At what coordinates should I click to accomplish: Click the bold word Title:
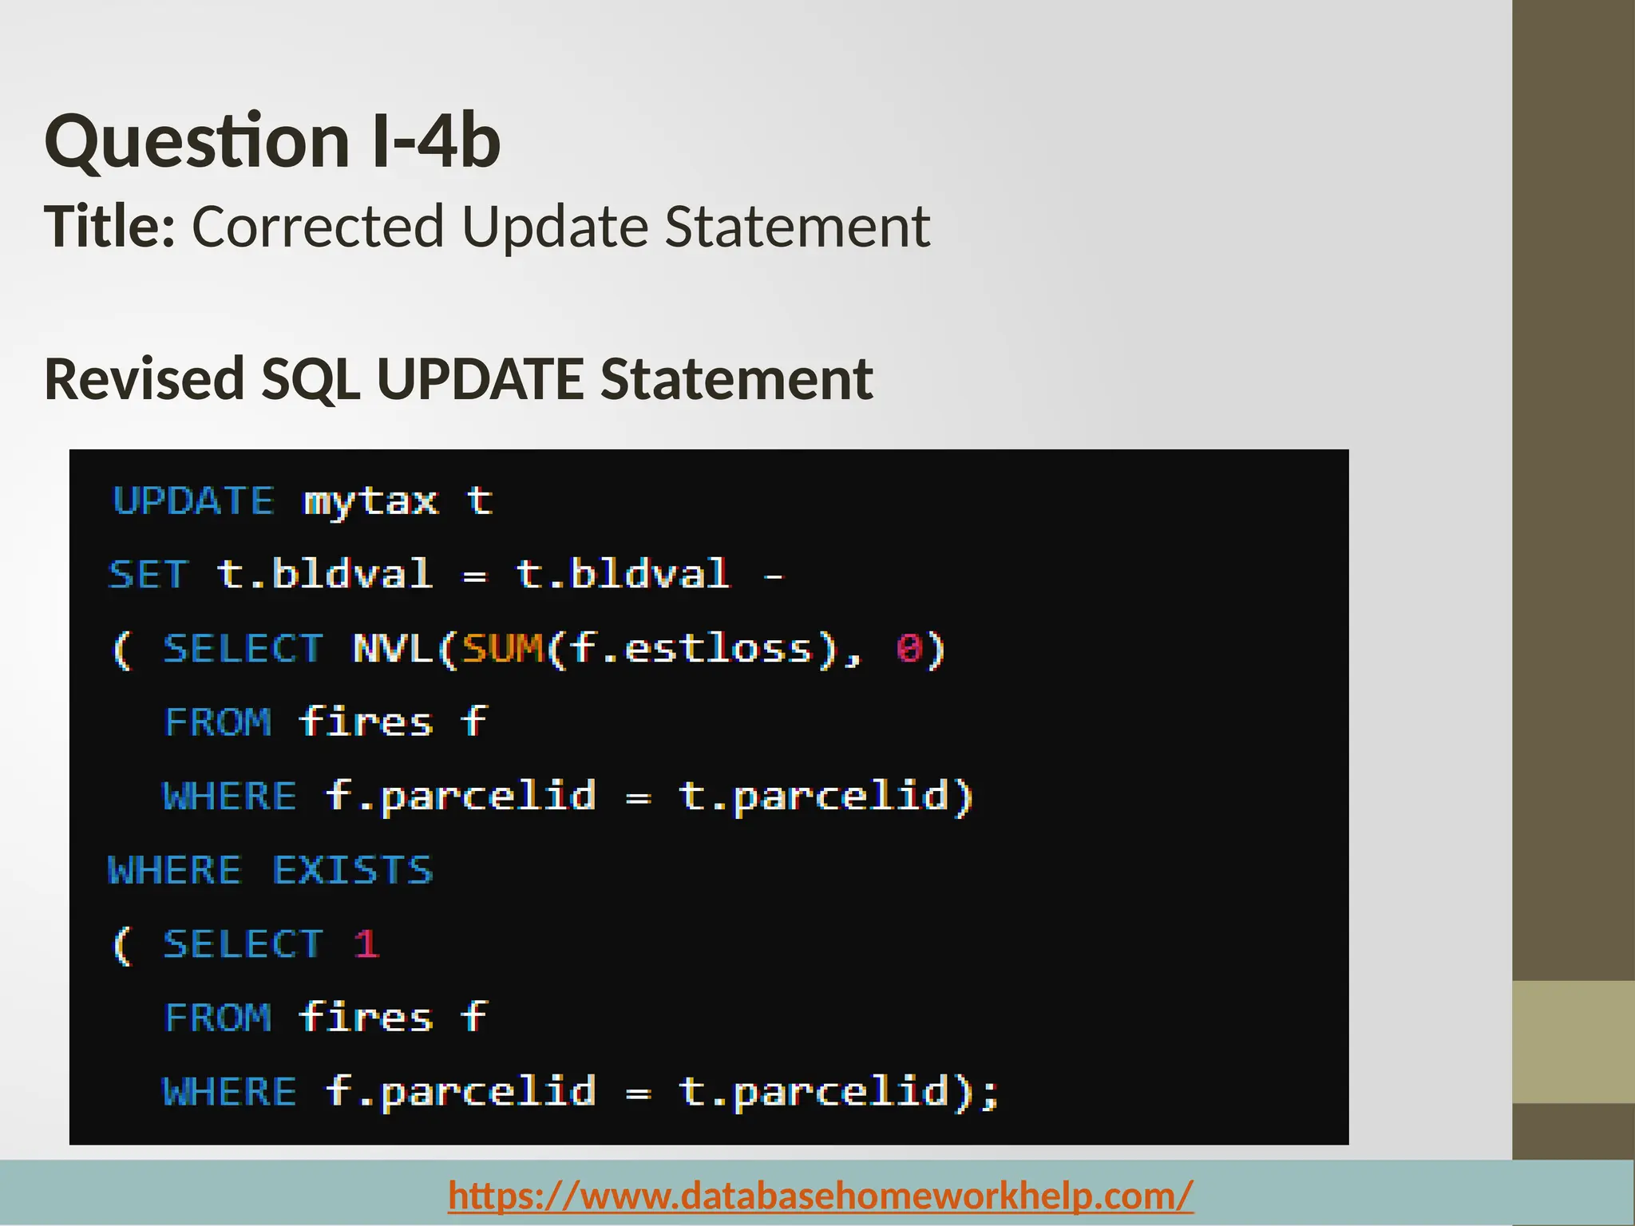click(x=109, y=227)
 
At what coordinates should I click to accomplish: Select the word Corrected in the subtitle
click(x=318, y=227)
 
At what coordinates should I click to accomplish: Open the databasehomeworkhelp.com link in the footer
click(x=821, y=1195)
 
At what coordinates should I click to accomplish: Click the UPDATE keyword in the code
click(x=194, y=501)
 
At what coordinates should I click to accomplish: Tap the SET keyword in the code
click(x=149, y=575)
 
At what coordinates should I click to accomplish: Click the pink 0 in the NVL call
click(x=909, y=648)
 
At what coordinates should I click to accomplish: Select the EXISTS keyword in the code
click(x=353, y=870)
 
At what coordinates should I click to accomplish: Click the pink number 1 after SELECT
click(x=366, y=944)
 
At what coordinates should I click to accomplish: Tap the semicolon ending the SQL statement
click(x=991, y=1094)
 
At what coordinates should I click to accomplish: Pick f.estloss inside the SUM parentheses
click(x=691, y=648)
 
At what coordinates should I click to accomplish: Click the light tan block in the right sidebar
click(x=1574, y=1042)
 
